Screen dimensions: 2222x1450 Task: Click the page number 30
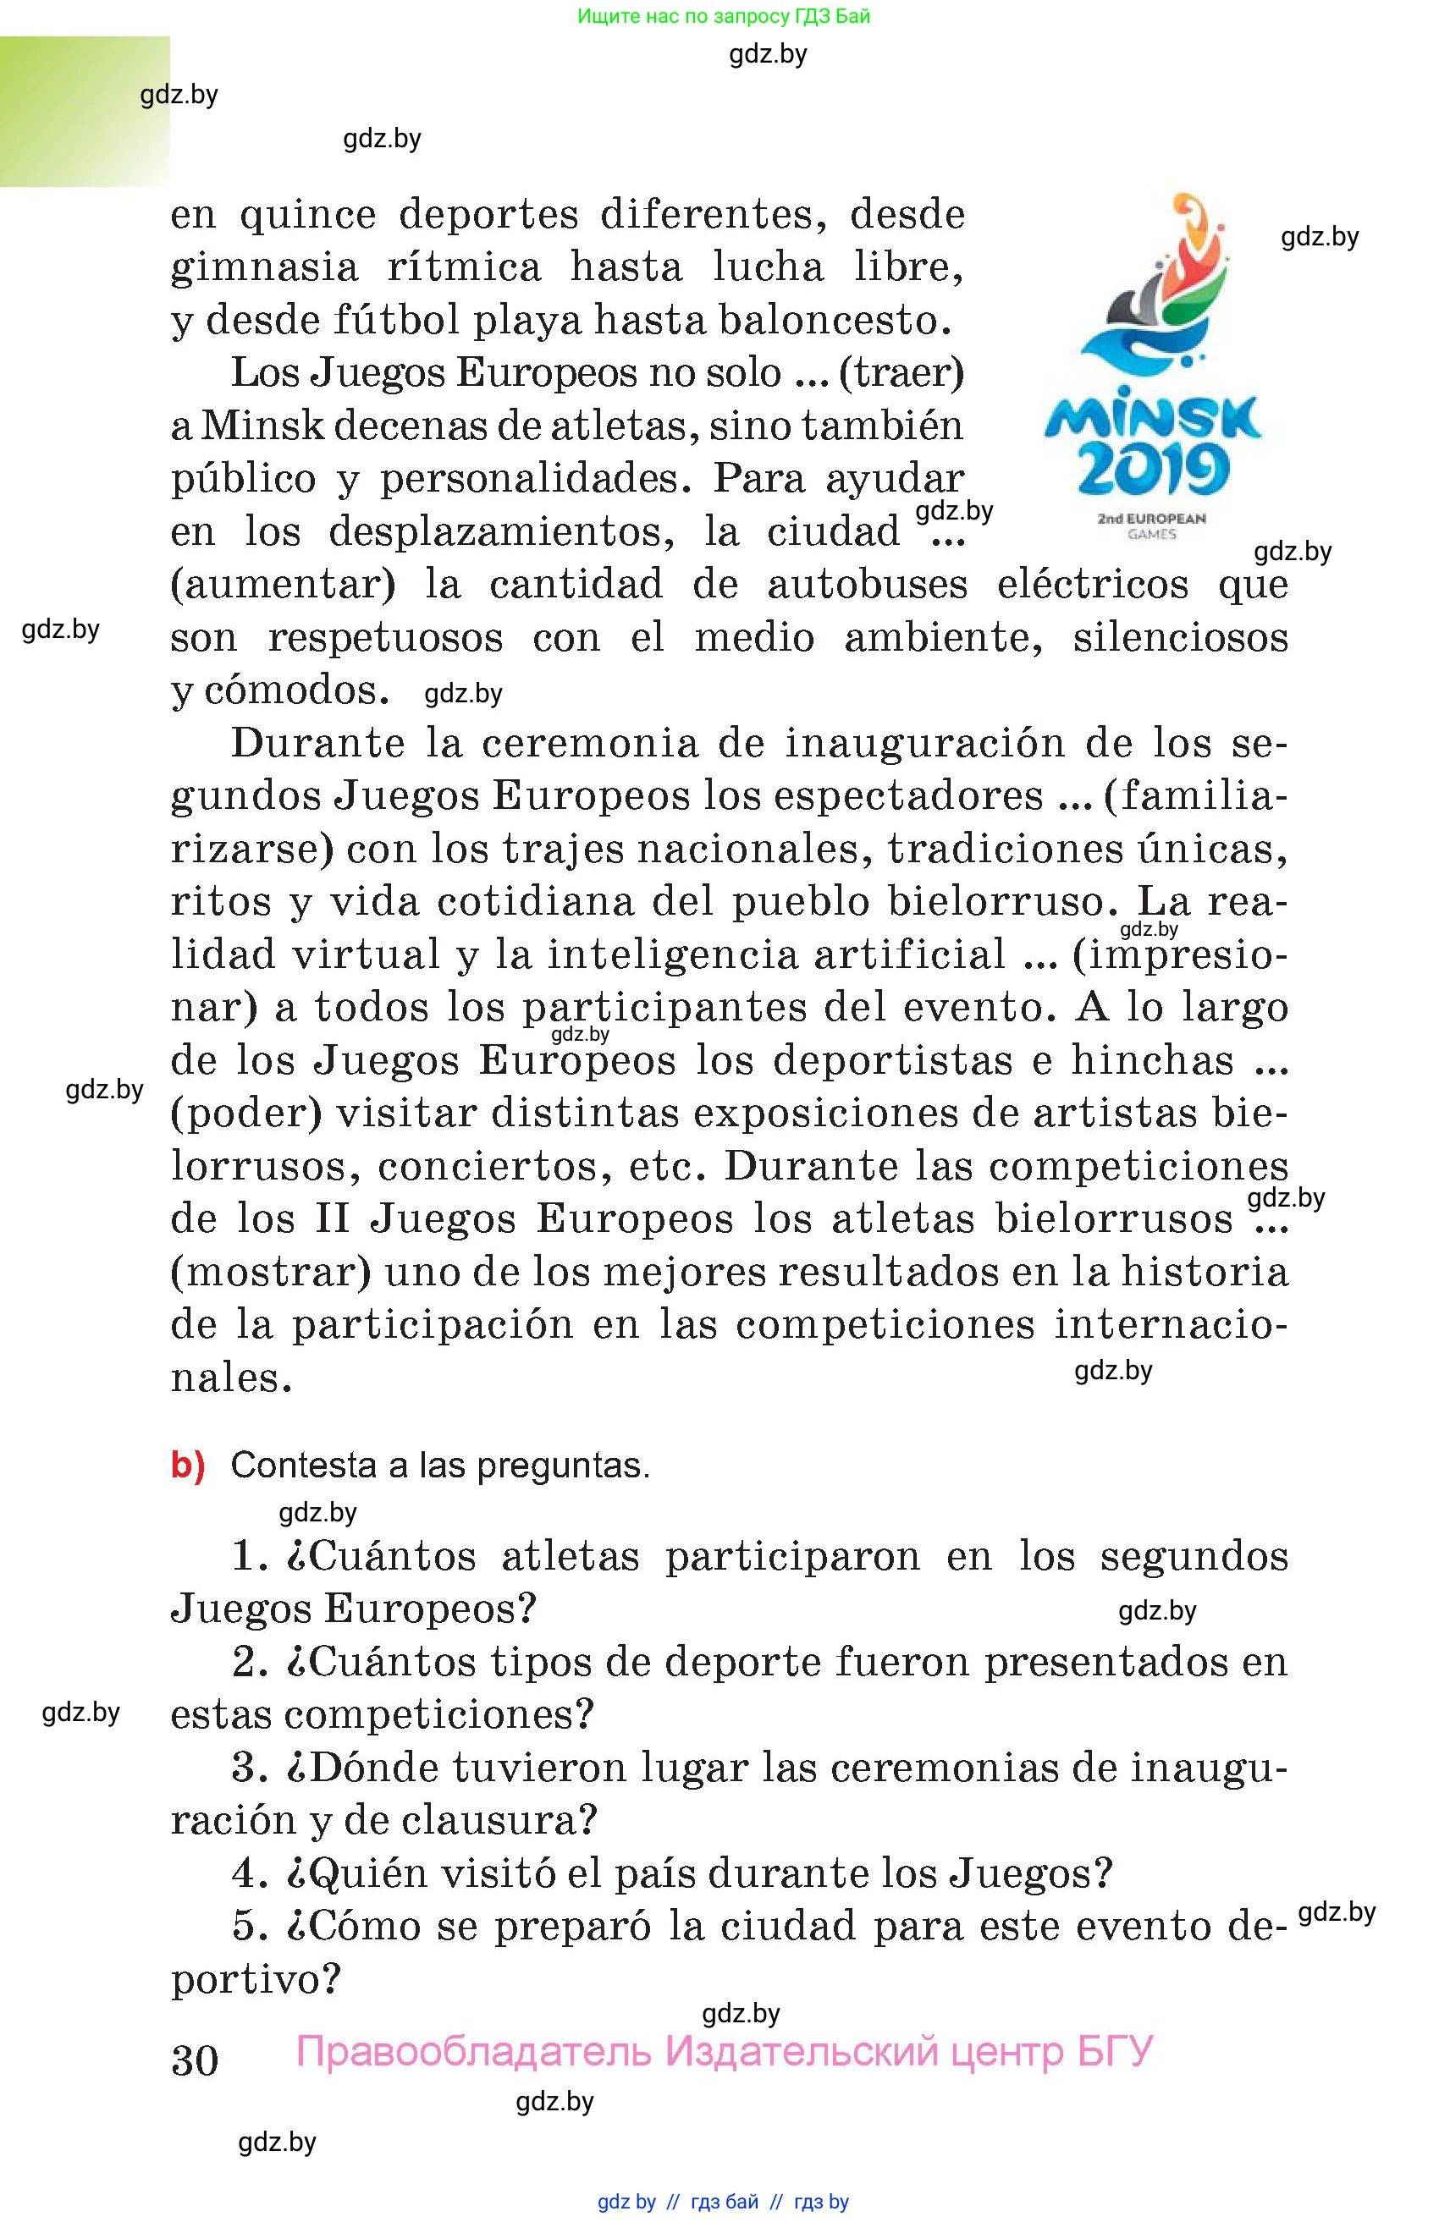194,2060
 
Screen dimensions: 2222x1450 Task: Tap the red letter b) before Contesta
187,1465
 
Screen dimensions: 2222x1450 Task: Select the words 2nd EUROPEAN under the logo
1151,518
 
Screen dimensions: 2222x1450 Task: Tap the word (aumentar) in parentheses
283,585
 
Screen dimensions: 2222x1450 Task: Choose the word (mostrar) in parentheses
271,1272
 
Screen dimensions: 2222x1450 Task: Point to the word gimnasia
264,268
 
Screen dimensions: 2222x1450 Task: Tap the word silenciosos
1180,638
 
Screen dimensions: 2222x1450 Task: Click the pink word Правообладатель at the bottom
473,2051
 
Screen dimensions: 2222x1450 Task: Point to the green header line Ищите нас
724,16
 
